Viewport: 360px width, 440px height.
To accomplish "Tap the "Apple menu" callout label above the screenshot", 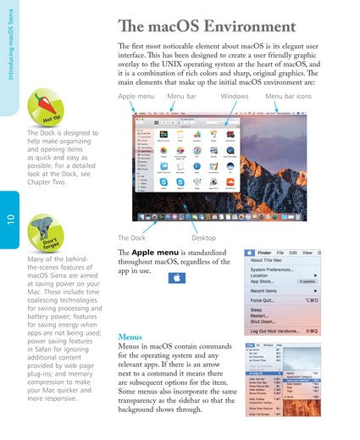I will pyautogui.click(x=136, y=97).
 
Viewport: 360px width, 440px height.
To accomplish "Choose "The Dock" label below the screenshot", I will pyautogui.click(x=132, y=237).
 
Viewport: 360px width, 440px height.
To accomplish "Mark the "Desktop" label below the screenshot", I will pyautogui.click(x=203, y=237).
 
